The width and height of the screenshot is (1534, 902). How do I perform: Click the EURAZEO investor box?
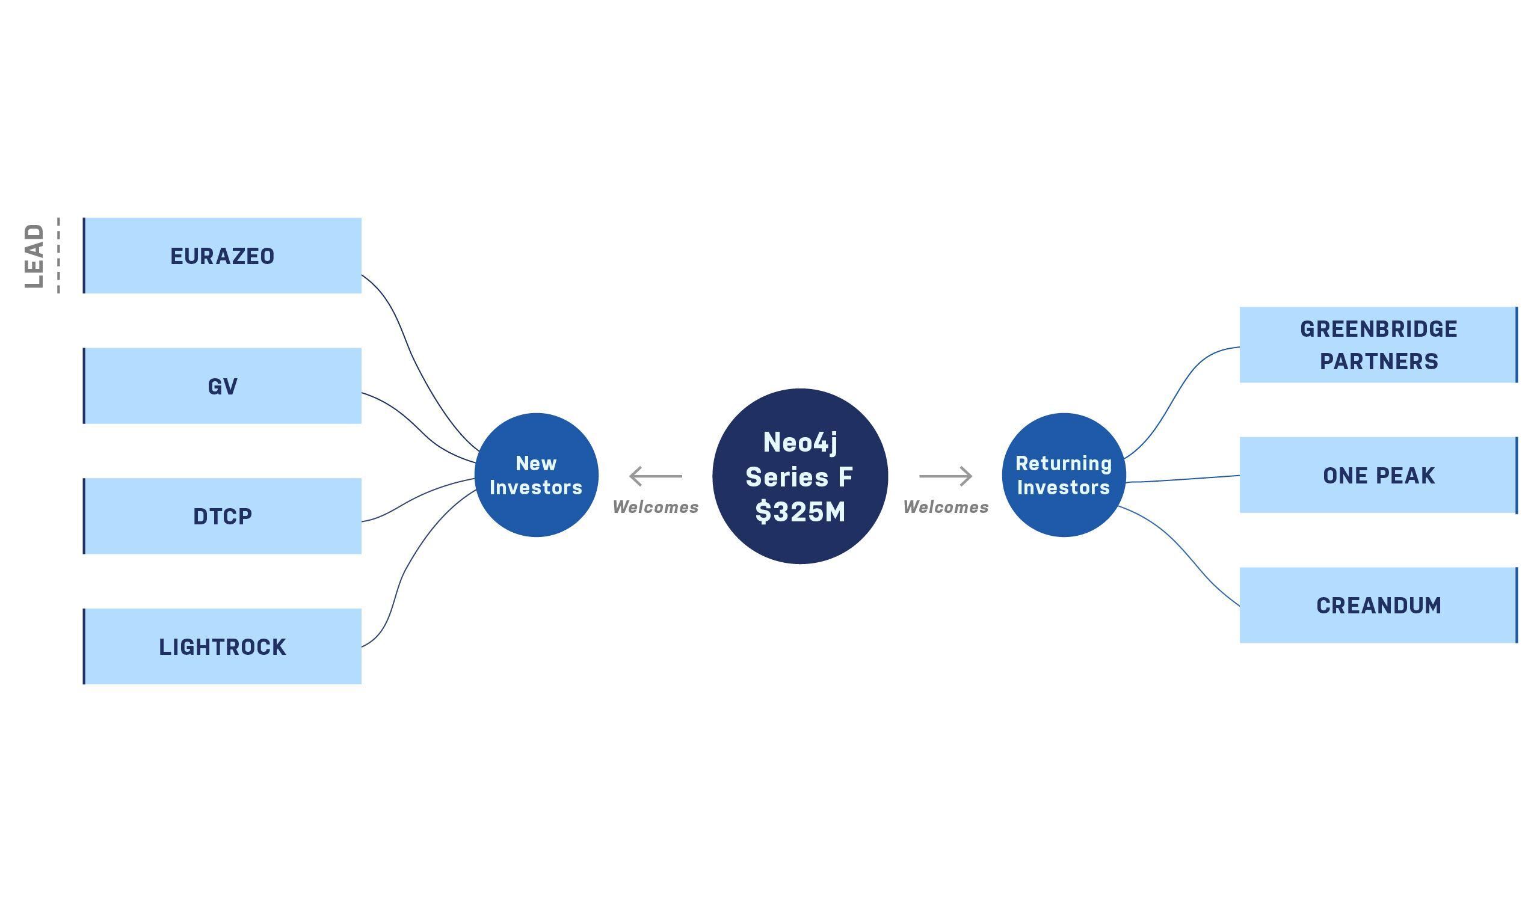pyautogui.click(x=222, y=256)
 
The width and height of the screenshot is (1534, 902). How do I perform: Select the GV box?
pyautogui.click(x=222, y=386)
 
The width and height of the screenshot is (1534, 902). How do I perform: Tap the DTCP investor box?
pyautogui.click(x=222, y=516)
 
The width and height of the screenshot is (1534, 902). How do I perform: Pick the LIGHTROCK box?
pyautogui.click(x=222, y=646)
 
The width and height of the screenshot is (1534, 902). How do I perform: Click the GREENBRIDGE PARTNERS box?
pyautogui.click(x=1378, y=345)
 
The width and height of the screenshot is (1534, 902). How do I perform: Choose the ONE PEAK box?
pyautogui.click(x=1378, y=475)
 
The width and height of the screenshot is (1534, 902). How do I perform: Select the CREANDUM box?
pyautogui.click(x=1378, y=606)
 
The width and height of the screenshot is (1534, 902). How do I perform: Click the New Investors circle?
pyautogui.click(x=536, y=475)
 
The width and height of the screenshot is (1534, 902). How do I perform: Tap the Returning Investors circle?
pyautogui.click(x=1064, y=475)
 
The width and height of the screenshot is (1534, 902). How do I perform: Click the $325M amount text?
pyautogui.click(x=800, y=512)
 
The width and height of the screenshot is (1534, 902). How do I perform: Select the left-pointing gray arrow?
pyautogui.click(x=655, y=476)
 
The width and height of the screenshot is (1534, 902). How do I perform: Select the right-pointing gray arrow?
pyautogui.click(x=945, y=476)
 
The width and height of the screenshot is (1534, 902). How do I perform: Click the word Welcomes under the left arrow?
pyautogui.click(x=655, y=507)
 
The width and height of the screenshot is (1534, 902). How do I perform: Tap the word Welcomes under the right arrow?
pyautogui.click(x=945, y=507)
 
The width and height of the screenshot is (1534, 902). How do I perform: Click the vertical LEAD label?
pyautogui.click(x=35, y=256)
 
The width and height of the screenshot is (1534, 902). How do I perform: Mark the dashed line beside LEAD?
pyautogui.click(x=58, y=256)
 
